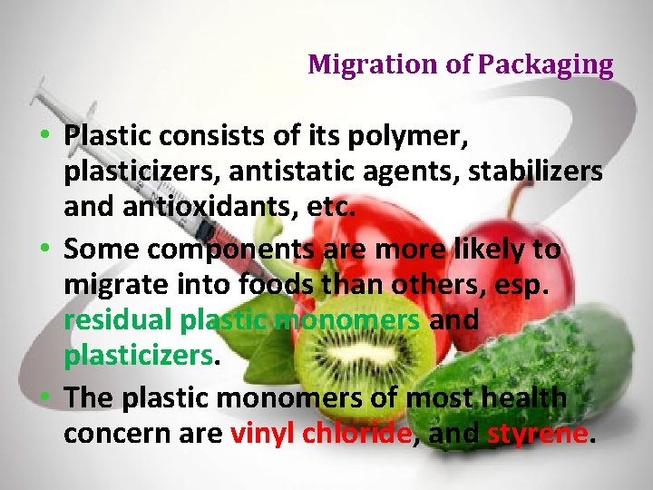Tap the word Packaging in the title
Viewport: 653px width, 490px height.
click(x=546, y=65)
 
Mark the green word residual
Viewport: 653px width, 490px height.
click(x=118, y=320)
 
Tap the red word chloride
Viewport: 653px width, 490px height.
click(x=357, y=434)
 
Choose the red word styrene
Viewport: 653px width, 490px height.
click(x=537, y=434)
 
